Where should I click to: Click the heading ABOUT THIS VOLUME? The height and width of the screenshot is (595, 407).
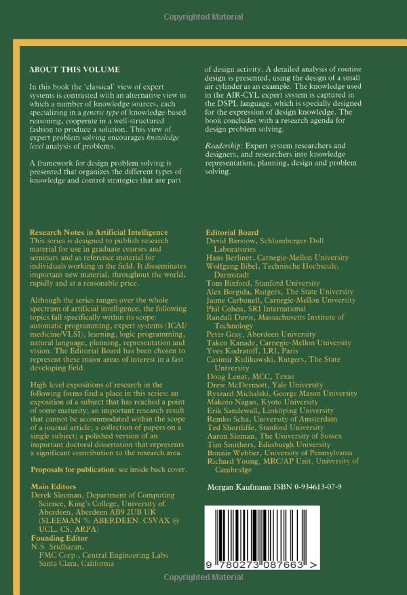tap(75, 70)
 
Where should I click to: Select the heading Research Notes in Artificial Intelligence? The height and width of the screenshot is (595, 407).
tap(99, 232)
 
